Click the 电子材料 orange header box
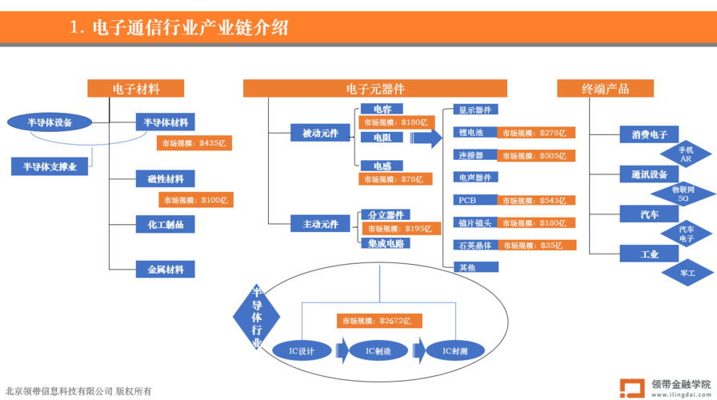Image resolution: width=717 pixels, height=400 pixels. [135, 88]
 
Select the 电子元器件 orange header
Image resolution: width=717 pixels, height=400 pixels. [375, 88]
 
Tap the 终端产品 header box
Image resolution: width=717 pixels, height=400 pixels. [605, 88]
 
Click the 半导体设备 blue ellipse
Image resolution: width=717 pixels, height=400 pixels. [50, 122]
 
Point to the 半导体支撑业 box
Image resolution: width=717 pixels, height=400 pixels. [50, 166]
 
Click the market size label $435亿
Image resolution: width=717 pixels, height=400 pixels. [194, 143]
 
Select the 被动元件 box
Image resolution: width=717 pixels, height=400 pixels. [320, 133]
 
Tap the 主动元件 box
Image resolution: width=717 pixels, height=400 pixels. [320, 223]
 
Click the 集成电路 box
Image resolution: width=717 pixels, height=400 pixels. [386, 243]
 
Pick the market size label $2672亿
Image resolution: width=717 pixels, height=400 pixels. [379, 321]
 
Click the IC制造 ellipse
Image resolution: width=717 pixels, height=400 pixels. [379, 350]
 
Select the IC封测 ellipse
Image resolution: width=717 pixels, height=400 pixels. [455, 350]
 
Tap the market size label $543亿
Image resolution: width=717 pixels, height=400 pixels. [536, 200]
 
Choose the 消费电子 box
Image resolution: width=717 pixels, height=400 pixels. [649, 134]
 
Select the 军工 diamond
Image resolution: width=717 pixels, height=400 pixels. [687, 273]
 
